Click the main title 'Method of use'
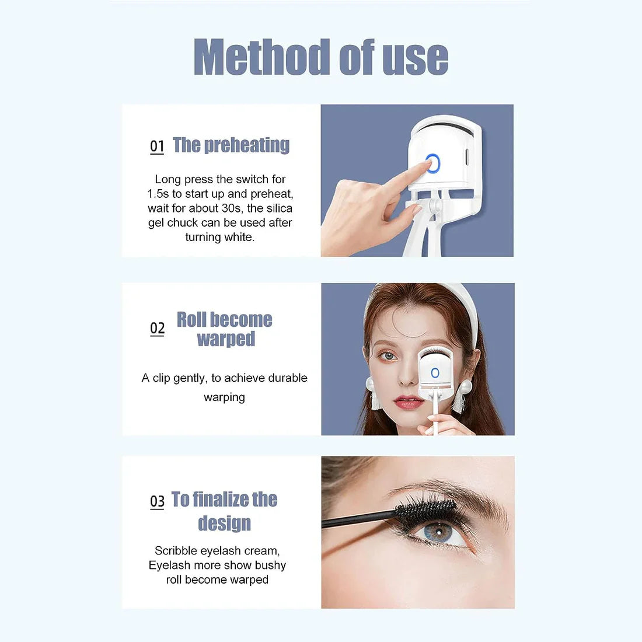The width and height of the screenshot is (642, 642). (320, 57)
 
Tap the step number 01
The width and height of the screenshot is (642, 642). (157, 146)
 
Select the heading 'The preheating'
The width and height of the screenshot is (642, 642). (231, 145)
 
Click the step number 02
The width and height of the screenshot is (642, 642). (157, 329)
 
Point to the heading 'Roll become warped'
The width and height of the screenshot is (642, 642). (225, 329)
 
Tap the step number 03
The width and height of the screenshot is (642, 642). (157, 501)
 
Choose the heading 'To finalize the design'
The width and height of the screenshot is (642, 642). (224, 511)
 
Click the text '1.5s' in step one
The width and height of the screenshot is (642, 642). (158, 194)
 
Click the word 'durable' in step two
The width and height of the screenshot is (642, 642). (287, 378)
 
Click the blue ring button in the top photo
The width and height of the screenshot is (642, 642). (433, 163)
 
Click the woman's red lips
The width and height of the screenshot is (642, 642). (408, 402)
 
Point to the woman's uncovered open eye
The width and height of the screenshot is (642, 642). (388, 355)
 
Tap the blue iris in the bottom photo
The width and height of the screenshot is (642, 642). (435, 532)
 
